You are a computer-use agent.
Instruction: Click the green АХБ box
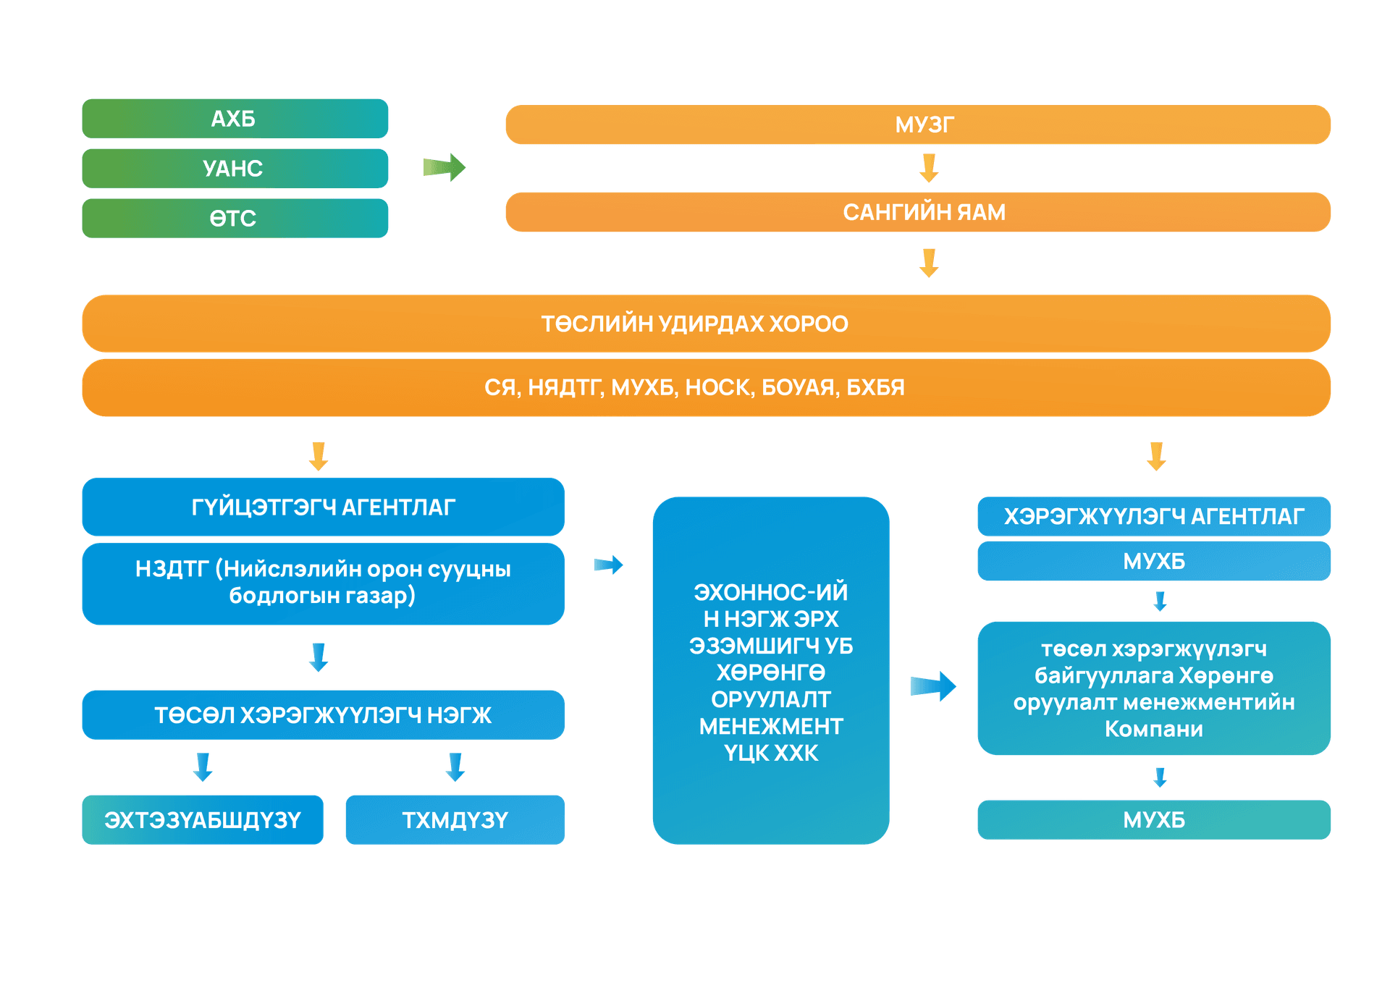(235, 119)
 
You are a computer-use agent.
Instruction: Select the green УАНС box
(235, 169)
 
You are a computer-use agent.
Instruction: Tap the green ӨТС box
(235, 218)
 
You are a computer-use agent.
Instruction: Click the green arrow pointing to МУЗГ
(445, 168)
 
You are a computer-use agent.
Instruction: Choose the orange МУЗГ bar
(917, 125)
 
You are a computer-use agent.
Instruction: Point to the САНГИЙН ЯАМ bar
(917, 212)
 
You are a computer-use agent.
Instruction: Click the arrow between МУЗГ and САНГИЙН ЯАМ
(929, 167)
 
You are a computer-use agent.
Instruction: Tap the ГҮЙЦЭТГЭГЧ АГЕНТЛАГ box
(323, 507)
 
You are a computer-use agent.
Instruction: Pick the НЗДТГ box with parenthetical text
(323, 583)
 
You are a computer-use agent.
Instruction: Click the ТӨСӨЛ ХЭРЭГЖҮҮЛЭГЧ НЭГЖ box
(323, 715)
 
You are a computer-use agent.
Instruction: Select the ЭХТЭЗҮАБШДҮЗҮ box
(203, 820)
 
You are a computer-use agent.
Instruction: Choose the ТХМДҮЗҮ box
(455, 820)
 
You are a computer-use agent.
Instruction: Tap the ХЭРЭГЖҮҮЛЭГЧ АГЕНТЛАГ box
(1153, 516)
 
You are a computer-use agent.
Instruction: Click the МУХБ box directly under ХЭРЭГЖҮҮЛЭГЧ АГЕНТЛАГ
(1153, 561)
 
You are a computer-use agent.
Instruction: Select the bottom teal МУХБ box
(1153, 820)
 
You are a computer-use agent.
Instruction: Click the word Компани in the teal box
(1153, 729)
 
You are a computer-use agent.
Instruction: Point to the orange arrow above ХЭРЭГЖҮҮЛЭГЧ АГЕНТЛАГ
(1156, 456)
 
